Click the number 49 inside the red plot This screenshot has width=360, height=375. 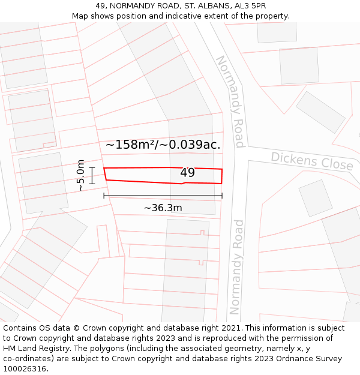coord(187,173)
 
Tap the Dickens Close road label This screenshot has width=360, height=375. coord(312,160)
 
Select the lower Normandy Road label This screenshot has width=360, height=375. coord(237,267)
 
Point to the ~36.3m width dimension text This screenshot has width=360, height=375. coord(163,208)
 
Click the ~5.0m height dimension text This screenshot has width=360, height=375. coord(80,175)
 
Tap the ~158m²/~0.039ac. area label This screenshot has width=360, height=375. coord(163,145)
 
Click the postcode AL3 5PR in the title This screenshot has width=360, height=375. coord(249,5)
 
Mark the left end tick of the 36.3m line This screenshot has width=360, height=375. coord(104,196)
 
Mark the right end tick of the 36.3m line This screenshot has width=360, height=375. coord(222,196)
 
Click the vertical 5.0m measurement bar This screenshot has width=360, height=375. coord(92,175)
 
